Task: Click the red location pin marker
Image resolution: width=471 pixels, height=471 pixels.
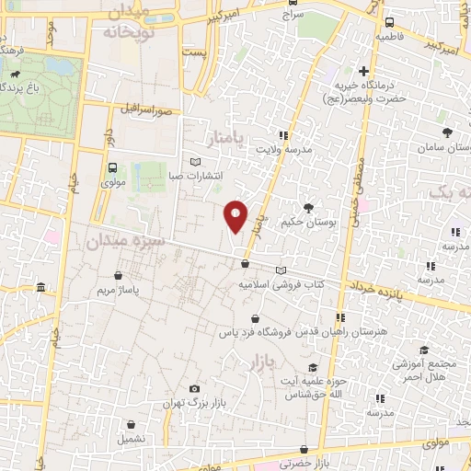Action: coord(236,216)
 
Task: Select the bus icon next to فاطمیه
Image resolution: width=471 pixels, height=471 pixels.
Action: coord(389,22)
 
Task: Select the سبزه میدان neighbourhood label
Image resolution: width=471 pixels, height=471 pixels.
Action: coord(124,240)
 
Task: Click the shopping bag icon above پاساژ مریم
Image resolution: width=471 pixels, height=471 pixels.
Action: coord(118,275)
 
